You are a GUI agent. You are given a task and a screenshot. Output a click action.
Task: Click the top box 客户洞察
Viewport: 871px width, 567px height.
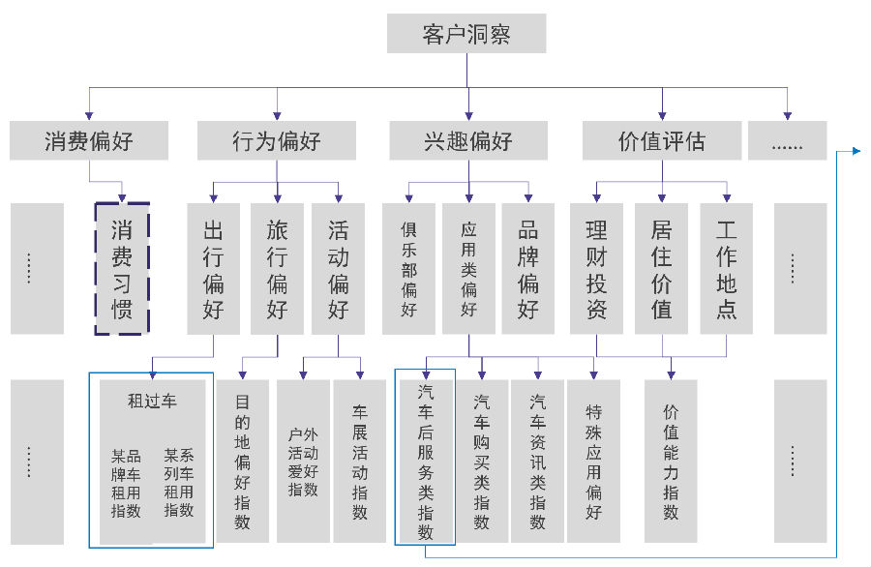click(466, 33)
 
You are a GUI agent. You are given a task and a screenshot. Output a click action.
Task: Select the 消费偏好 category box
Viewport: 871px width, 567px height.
click(89, 140)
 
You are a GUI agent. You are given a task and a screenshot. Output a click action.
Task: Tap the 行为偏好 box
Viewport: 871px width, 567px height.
click(277, 140)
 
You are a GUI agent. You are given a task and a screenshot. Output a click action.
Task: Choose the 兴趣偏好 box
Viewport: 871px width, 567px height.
click(468, 140)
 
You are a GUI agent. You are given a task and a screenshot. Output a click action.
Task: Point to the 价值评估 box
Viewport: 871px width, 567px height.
click(662, 140)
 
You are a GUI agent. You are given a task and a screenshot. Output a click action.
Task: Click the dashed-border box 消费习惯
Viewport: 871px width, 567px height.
click(122, 269)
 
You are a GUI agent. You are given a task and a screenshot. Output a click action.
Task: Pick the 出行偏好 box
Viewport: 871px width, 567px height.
click(213, 269)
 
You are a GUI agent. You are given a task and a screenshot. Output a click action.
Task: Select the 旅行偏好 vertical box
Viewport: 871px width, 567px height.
click(277, 269)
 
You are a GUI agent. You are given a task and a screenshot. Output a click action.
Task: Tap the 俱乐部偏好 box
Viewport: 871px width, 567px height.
click(408, 269)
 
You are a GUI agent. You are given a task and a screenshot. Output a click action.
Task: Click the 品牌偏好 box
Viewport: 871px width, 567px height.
click(528, 269)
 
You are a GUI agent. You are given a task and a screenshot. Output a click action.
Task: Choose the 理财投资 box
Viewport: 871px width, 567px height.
click(596, 269)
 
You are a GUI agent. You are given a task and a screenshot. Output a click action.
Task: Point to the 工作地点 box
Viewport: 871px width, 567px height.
click(727, 269)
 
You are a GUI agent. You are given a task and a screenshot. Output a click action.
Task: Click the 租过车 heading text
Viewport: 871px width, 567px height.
click(152, 401)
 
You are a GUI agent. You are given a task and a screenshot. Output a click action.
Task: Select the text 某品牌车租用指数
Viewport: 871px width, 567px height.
click(126, 483)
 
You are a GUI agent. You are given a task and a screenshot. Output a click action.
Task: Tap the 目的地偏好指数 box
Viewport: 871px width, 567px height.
click(242, 461)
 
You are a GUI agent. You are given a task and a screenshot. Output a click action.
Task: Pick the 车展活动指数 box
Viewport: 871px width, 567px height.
click(359, 461)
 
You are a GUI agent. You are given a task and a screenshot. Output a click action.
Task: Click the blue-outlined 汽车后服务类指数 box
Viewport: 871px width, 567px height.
click(425, 457)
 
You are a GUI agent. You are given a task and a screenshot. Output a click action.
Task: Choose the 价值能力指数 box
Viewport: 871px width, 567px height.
click(671, 461)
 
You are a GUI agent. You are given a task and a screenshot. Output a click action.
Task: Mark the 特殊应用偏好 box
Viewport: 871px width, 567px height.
click(593, 461)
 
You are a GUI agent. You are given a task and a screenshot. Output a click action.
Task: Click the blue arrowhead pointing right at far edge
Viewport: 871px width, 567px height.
click(856, 151)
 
